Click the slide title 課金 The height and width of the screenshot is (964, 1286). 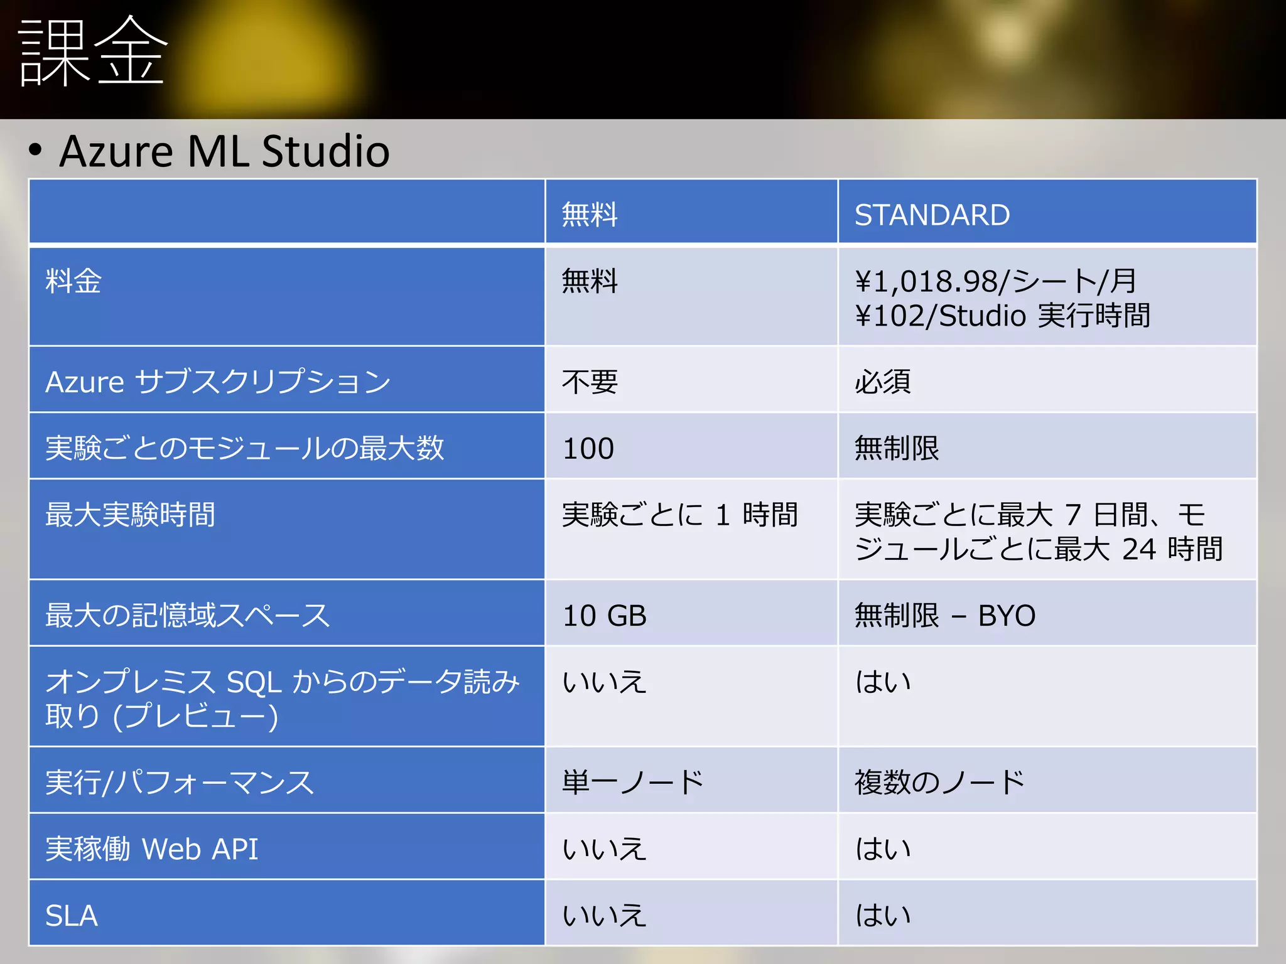pos(93,51)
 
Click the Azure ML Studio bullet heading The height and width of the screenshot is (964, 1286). pos(224,151)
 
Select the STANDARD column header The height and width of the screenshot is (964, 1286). pos(932,215)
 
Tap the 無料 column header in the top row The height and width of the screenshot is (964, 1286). pos(590,215)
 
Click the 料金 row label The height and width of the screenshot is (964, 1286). pos(73,281)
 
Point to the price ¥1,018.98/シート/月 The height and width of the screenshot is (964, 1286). pos(995,281)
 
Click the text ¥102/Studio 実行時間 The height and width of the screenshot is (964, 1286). pos(1002,316)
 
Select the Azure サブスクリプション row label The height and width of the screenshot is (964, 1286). pos(218,382)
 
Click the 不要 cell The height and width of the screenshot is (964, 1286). pos(590,382)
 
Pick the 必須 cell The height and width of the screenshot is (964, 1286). pos(882,382)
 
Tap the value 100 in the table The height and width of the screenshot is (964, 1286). pos(588,449)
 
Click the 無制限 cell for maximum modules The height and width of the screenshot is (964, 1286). pos(896,449)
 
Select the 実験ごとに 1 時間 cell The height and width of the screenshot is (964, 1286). pos(679,515)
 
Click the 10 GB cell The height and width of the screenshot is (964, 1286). pos(605,616)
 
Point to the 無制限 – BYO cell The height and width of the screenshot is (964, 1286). pos(944,616)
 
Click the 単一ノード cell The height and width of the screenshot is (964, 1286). pos(633,783)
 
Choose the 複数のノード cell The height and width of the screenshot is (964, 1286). pos(939,783)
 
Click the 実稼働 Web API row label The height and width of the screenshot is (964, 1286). pos(151,849)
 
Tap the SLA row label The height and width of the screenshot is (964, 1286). pos(72,916)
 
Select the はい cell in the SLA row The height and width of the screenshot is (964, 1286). pos(882,916)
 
